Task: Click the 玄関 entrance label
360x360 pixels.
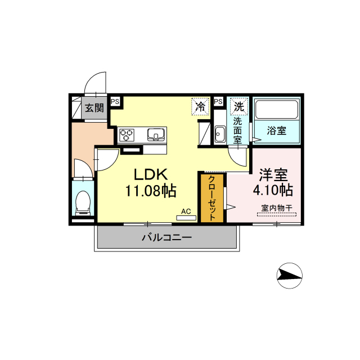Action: (94, 108)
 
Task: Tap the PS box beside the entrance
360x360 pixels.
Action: (115, 101)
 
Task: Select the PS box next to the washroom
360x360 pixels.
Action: (218, 101)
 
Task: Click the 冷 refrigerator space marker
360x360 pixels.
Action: (200, 106)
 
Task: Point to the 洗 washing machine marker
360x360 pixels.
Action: (239, 106)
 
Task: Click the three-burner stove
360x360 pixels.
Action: (126, 135)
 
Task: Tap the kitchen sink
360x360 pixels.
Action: (156, 134)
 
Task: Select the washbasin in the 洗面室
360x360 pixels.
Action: (220, 134)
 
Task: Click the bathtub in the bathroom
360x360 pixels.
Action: (276, 110)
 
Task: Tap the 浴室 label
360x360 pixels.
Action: (276, 130)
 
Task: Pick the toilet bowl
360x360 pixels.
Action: (83, 202)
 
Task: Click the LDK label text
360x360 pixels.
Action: (151, 174)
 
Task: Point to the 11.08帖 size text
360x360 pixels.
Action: (151, 191)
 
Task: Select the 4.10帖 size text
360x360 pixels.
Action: (273, 190)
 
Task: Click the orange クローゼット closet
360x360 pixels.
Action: (212, 198)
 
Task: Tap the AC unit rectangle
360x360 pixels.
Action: (186, 218)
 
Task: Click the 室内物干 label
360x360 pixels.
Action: (277, 208)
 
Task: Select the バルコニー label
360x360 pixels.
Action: (166, 237)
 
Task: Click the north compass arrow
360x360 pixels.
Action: (289, 276)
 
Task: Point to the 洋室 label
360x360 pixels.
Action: (273, 175)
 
